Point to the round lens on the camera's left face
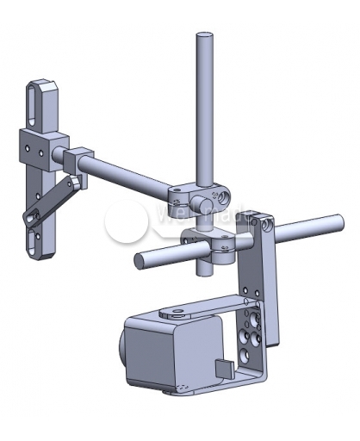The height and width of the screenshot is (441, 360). click(x=121, y=353)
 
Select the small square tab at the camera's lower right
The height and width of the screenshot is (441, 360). click(x=223, y=368)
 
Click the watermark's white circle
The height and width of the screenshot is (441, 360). click(x=127, y=222)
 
